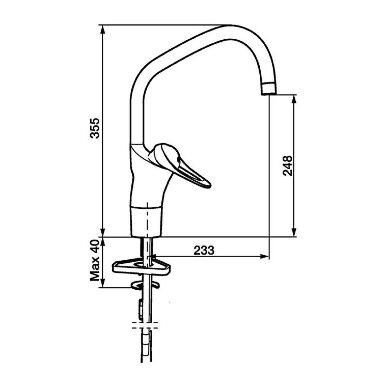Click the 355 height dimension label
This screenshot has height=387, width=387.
click(x=94, y=128)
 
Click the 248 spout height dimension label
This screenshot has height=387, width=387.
click(x=287, y=166)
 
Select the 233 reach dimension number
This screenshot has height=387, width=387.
click(x=204, y=250)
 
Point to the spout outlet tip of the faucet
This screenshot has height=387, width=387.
click(x=269, y=94)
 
